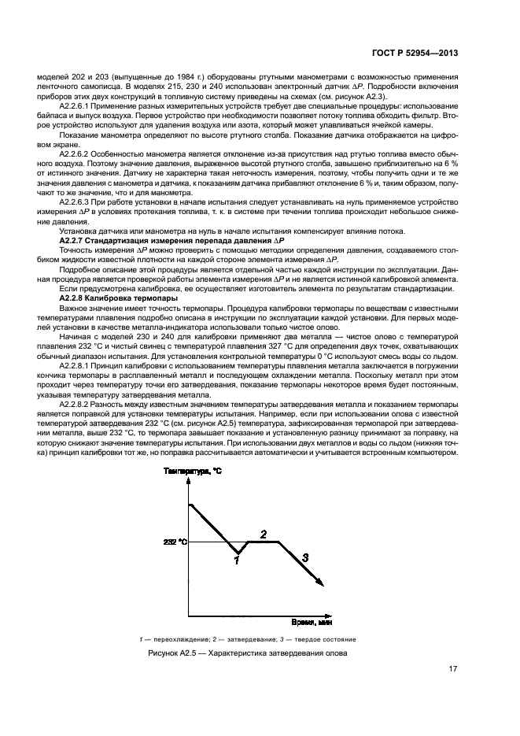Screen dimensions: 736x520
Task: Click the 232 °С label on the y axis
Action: (x=175, y=542)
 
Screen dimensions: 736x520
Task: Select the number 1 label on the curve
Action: (x=235, y=560)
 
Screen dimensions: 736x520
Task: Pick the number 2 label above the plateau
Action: (x=264, y=533)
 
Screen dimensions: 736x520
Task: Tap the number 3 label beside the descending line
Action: (x=305, y=557)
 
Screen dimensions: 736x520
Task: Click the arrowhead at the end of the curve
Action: (x=319, y=583)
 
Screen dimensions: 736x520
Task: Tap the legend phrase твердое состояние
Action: (x=328, y=639)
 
